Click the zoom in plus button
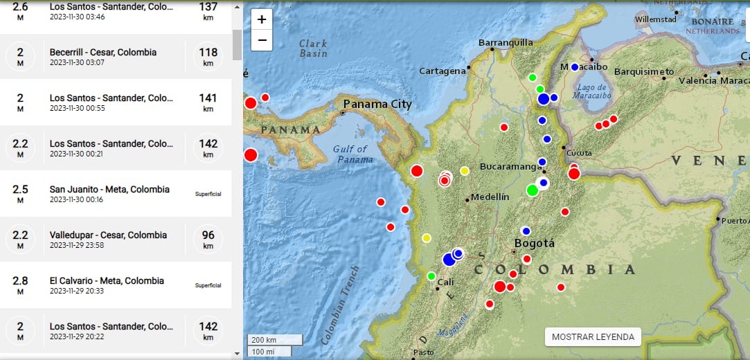tap(262, 20)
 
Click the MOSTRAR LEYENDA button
tap(593, 336)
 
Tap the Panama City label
tap(377, 105)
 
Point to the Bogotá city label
tap(535, 243)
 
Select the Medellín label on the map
tap(492, 197)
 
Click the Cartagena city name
tap(442, 71)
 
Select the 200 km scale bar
tap(275, 339)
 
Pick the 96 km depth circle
tap(208, 240)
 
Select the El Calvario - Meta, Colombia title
tap(107, 281)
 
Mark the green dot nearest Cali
tap(431, 276)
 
